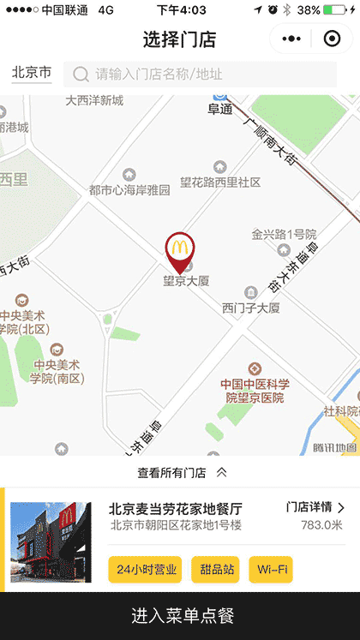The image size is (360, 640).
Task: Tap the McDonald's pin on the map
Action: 178,250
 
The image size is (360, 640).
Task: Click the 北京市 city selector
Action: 32,74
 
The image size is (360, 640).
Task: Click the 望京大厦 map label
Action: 187,280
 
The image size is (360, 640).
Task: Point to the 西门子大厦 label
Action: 251,308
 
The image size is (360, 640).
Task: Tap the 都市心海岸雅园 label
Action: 129,190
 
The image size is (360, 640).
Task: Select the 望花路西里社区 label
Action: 220,182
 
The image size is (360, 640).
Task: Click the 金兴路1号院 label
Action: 284,234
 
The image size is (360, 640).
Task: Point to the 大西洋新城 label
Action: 94,101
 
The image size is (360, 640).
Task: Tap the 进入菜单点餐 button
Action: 180,616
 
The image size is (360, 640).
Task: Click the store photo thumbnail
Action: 51,542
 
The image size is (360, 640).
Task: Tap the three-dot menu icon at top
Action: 292,39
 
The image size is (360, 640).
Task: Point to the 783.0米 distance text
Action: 321,525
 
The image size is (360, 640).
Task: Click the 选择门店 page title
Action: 179,39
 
